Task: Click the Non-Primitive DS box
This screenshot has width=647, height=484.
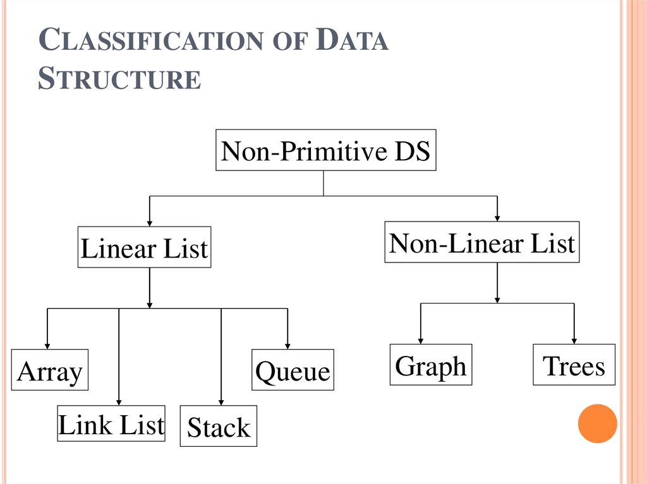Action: click(x=325, y=150)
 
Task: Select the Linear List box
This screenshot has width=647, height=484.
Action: click(x=144, y=247)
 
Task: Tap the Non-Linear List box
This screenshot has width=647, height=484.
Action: click(x=481, y=242)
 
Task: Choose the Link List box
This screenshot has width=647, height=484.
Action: click(x=111, y=425)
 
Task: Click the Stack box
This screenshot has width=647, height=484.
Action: click(x=219, y=427)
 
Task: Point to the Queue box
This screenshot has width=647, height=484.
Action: click(x=292, y=370)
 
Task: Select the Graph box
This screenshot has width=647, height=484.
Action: click(x=430, y=364)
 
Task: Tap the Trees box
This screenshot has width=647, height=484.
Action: click(x=574, y=364)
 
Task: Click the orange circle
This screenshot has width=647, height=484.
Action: click(x=597, y=423)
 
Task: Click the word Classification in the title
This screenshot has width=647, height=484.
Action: click(x=149, y=41)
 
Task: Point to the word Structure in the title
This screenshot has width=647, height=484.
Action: click(x=119, y=79)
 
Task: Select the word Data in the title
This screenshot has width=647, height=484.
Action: click(x=352, y=41)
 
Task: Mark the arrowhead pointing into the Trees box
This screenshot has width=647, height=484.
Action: click(x=574, y=339)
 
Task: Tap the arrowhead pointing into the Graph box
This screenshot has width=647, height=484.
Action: click(x=421, y=339)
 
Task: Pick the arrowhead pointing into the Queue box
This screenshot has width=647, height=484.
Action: click(x=287, y=345)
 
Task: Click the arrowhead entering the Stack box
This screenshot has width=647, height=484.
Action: click(x=221, y=401)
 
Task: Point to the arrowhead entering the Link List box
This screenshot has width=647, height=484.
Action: click(x=119, y=401)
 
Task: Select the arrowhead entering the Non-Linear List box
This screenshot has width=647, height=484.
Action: click(x=497, y=216)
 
